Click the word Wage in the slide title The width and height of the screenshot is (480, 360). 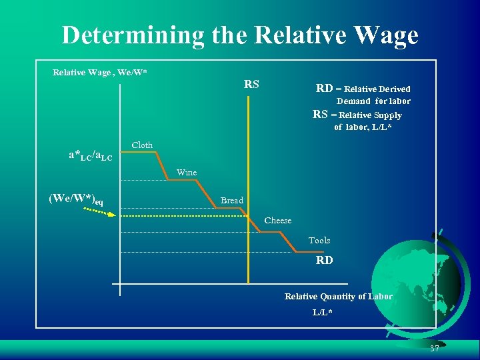click(x=385, y=36)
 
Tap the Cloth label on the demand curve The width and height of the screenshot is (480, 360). click(x=142, y=145)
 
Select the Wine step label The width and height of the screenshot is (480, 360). click(x=187, y=173)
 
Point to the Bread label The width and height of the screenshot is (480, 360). click(x=232, y=201)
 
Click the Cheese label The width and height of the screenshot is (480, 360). click(x=278, y=221)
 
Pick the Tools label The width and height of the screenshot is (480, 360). click(x=319, y=241)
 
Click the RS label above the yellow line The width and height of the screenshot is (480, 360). click(x=251, y=85)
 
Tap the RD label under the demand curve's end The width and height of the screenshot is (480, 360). click(x=325, y=261)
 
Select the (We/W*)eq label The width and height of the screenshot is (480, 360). click(x=75, y=199)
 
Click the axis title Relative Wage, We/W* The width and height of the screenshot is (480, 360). click(x=100, y=73)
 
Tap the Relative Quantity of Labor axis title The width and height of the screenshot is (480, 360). click(x=339, y=297)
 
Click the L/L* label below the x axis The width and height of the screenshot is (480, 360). click(x=323, y=313)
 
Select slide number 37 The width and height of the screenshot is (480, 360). click(x=435, y=349)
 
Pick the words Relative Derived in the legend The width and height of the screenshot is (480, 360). click(x=377, y=89)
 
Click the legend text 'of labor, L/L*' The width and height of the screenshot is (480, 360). click(x=363, y=127)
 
